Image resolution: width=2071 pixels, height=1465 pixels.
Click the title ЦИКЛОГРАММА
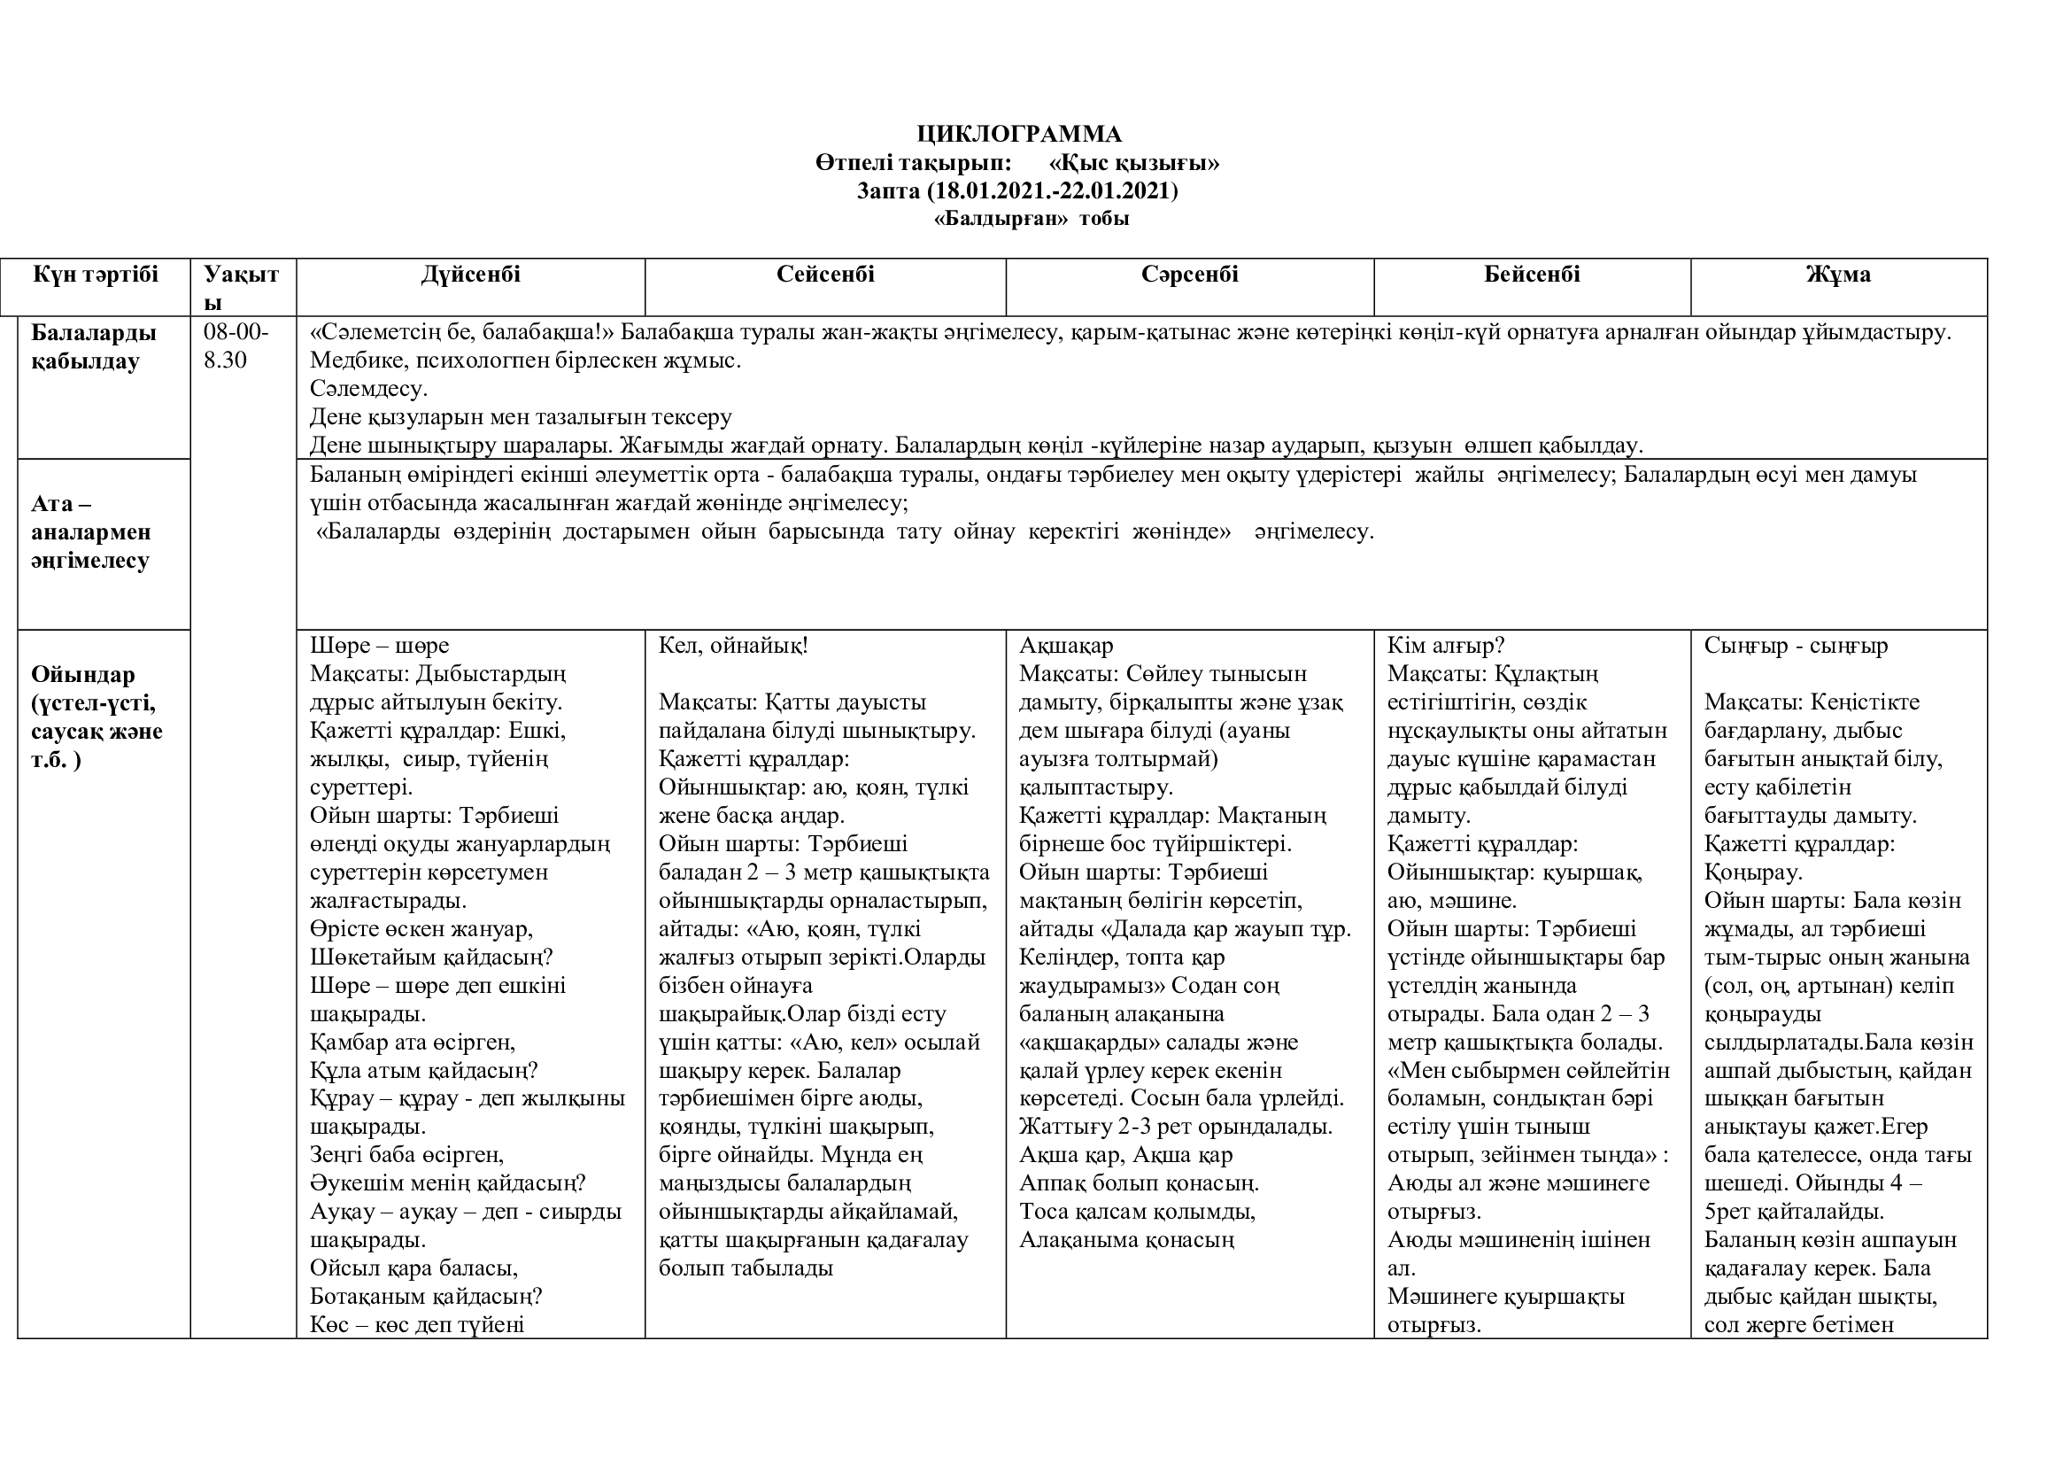click(x=1019, y=135)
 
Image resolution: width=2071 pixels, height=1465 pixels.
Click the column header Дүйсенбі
click(x=470, y=275)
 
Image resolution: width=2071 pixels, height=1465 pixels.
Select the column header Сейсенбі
click(x=825, y=275)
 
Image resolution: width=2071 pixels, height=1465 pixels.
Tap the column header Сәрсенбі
click(x=1189, y=275)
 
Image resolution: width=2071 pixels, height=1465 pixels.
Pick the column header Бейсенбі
click(x=1532, y=275)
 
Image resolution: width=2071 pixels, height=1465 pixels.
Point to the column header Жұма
click(x=1837, y=275)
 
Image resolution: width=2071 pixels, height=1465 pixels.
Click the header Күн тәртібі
click(x=96, y=275)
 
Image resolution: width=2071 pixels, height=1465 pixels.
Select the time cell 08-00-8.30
click(x=236, y=346)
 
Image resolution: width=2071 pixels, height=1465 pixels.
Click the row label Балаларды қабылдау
click(x=94, y=346)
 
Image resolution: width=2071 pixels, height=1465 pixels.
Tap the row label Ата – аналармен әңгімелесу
click(x=90, y=531)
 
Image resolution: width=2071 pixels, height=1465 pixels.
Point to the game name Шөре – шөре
click(x=379, y=646)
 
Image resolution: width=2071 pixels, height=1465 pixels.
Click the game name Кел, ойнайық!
click(x=732, y=646)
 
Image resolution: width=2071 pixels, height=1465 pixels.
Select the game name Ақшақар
click(x=1066, y=646)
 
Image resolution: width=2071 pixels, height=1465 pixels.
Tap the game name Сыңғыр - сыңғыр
click(x=1796, y=646)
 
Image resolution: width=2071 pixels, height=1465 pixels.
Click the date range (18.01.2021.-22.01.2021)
click(x=1052, y=190)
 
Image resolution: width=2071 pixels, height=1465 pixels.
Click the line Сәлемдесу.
click(x=368, y=389)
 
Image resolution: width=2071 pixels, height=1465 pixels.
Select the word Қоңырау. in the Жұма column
click(x=1752, y=872)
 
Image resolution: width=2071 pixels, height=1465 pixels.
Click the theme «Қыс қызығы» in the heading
click(x=1135, y=162)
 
